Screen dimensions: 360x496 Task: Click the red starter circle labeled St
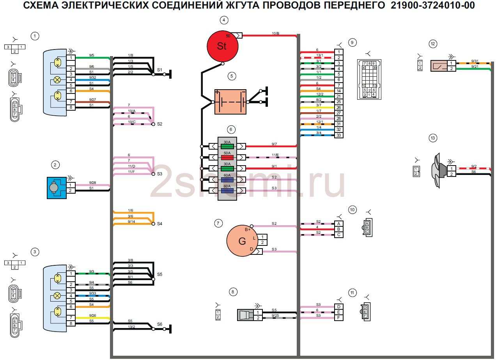tap(222, 46)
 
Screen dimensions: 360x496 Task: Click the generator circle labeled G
tap(242, 241)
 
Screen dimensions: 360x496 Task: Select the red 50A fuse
tap(227, 157)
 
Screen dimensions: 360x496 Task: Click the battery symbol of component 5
tap(230, 102)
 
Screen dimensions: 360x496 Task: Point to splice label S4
tap(159, 224)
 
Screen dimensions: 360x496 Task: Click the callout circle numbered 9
tap(352, 42)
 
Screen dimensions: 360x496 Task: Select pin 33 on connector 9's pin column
tap(338, 135)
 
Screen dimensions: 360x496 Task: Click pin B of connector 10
tap(338, 229)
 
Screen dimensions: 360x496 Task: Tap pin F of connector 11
tap(338, 318)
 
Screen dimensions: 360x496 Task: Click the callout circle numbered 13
tap(432, 138)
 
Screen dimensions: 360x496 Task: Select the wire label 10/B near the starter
tap(275, 34)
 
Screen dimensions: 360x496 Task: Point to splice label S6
tap(159, 324)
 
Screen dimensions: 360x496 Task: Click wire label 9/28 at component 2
tap(92, 182)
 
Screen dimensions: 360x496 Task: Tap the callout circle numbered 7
tap(218, 223)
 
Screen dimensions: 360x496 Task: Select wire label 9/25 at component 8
tap(275, 316)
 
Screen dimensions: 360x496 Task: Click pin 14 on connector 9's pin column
tap(338, 91)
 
